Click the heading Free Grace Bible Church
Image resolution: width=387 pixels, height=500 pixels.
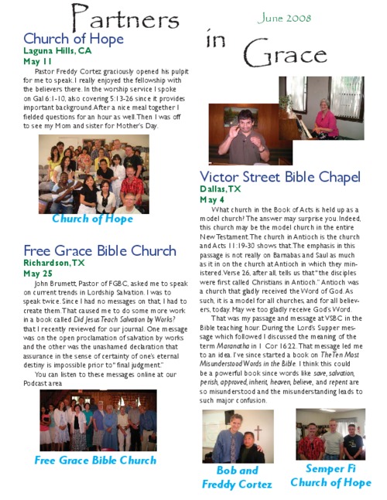click(x=100, y=250)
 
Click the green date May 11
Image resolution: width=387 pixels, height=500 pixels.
click(x=38, y=61)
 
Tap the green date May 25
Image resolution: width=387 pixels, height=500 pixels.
click(x=38, y=273)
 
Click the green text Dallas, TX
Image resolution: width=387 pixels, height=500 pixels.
click(x=221, y=189)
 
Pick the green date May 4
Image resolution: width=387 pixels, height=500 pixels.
click(x=212, y=199)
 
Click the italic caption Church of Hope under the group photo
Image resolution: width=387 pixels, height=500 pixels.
click(x=93, y=219)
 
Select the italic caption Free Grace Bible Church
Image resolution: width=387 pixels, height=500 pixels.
click(x=95, y=461)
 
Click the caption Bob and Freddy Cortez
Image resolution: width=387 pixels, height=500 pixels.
click(x=237, y=477)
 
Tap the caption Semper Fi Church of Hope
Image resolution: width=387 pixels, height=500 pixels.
click(x=330, y=475)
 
